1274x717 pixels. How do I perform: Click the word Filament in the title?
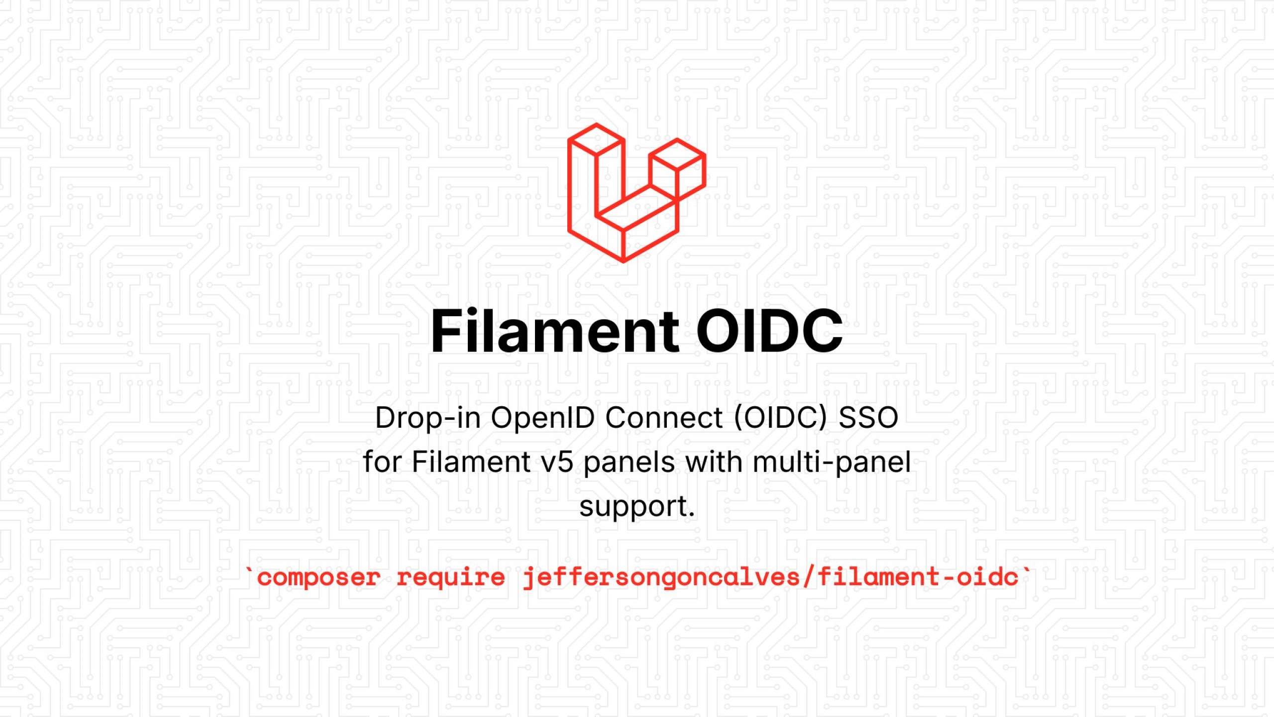pyautogui.click(x=554, y=331)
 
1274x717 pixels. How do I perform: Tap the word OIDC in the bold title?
pyautogui.click(x=769, y=331)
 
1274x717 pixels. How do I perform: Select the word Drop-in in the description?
pyautogui.click(x=428, y=417)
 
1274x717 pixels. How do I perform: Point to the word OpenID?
pyautogui.click(x=542, y=417)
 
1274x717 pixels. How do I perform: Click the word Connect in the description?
pyautogui.click(x=664, y=417)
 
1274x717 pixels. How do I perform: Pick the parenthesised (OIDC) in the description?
pyautogui.click(x=780, y=417)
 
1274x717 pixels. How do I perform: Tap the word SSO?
pyautogui.click(x=868, y=417)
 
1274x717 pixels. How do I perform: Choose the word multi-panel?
pyautogui.click(x=832, y=462)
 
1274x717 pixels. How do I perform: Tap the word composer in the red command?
pyautogui.click(x=318, y=578)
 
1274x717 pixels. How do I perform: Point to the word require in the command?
pyautogui.click(x=450, y=578)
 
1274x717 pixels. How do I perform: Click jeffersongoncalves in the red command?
pyautogui.click(x=661, y=578)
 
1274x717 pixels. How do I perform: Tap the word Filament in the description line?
pyautogui.click(x=471, y=462)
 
